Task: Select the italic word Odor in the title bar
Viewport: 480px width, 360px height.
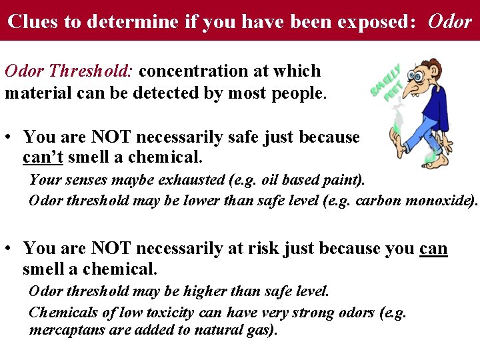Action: [450, 21]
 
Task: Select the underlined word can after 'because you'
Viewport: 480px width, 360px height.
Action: [433, 249]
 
